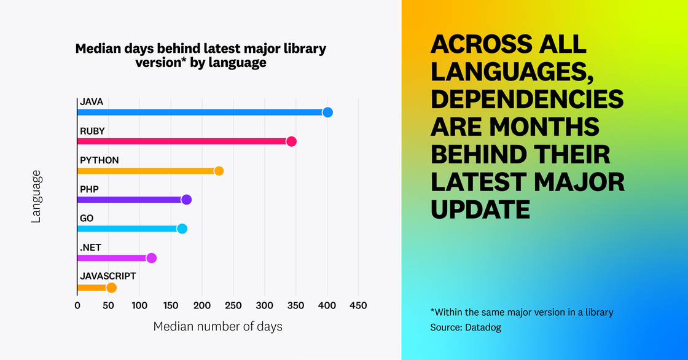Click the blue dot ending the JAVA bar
(327, 112)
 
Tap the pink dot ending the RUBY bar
(291, 142)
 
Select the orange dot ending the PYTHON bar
(219, 171)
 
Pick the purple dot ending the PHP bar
(187, 200)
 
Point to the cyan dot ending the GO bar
(182, 229)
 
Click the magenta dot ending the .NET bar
(152, 258)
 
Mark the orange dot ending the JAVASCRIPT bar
(111, 288)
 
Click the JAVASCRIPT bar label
(107, 276)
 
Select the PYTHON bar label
(99, 160)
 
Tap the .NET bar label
(90, 248)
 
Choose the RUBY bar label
(92, 131)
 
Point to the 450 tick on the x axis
(358, 306)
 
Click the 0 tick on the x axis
(77, 306)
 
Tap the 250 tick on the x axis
(233, 306)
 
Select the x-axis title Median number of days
(217, 327)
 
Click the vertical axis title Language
(36, 197)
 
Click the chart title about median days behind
(201, 55)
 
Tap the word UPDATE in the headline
(480, 209)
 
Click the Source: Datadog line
(466, 328)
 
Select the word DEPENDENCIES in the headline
(527, 99)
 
